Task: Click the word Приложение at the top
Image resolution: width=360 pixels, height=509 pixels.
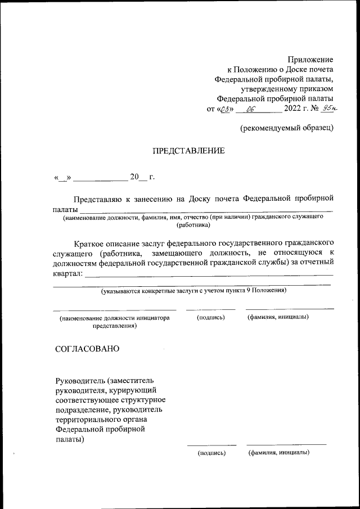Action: [310, 60]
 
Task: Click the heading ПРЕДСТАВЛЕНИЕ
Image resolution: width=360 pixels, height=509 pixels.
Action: [188, 151]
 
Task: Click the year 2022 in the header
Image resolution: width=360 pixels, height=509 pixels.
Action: [293, 110]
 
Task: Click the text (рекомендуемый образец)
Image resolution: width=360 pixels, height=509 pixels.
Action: [287, 128]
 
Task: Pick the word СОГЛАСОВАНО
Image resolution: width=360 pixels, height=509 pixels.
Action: [87, 349]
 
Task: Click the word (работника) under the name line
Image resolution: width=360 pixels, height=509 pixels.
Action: [193, 225]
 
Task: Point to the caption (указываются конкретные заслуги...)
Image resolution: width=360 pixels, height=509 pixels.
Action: [193, 291]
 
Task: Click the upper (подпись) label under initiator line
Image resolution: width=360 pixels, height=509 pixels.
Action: [210, 318]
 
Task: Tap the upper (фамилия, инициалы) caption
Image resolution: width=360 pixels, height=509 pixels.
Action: [278, 318]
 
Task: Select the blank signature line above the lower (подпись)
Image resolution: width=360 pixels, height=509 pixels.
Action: [211, 445]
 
